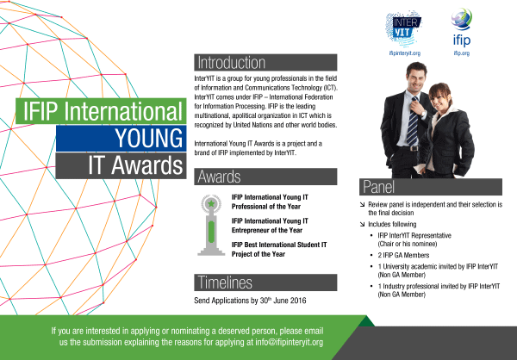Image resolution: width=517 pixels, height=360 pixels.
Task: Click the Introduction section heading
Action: [x=232, y=63]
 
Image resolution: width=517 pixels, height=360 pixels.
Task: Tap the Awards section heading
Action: [x=219, y=177]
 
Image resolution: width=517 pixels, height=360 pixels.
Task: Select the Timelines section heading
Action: [x=225, y=282]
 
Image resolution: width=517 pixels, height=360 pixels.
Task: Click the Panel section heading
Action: [x=378, y=187]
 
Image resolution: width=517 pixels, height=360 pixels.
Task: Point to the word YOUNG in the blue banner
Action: [x=149, y=138]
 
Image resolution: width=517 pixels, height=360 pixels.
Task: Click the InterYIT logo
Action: [x=404, y=28]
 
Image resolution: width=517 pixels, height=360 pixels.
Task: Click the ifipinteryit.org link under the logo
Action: [x=405, y=53]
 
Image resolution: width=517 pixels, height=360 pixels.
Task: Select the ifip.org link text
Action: [x=461, y=53]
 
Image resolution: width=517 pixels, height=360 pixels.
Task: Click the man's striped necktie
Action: [x=413, y=121]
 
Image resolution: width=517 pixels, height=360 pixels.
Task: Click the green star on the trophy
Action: [x=211, y=204]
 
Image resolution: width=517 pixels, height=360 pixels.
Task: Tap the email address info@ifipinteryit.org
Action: [x=290, y=342]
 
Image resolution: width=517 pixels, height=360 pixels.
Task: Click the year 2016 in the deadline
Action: [x=298, y=301]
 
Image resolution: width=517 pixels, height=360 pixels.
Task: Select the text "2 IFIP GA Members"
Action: [x=403, y=255]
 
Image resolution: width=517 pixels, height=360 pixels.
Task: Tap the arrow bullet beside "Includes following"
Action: [x=363, y=224]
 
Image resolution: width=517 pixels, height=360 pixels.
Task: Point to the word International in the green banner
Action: [x=123, y=111]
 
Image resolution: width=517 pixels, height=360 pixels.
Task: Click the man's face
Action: [x=416, y=78]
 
